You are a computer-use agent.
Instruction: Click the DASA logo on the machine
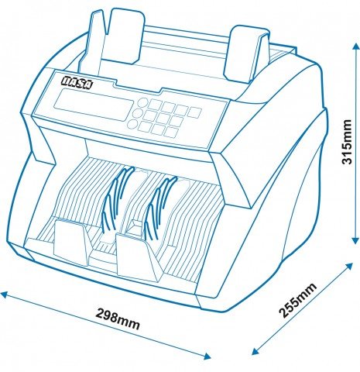tap(77, 83)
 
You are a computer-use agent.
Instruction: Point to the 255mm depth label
tap(297, 300)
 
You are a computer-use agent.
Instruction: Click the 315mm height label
tap(347, 142)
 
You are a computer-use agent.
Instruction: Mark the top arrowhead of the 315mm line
tap(355, 46)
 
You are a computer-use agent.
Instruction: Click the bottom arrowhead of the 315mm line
tap(355, 239)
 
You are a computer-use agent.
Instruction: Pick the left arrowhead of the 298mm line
tap(5, 294)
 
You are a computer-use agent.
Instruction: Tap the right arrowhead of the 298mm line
tap(206, 356)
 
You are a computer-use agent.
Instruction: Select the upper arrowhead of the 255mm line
tap(348, 267)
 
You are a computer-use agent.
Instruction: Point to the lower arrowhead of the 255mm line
tap(256, 351)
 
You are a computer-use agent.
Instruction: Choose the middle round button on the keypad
tap(137, 113)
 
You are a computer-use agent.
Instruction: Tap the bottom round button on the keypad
tap(132, 124)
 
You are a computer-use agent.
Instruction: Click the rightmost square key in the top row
tap(194, 112)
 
